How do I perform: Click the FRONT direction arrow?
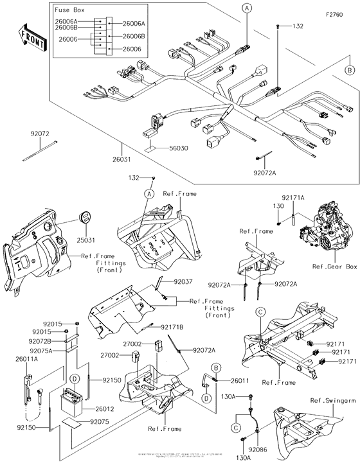(31, 39)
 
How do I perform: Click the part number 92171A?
(292, 198)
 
